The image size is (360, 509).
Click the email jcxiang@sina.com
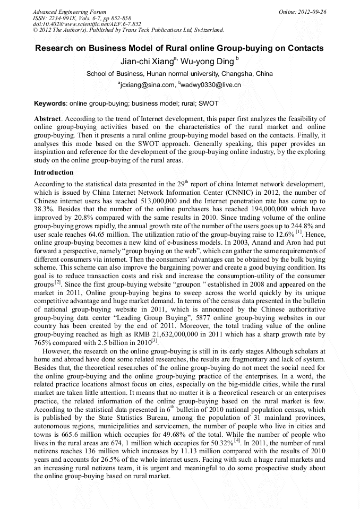147,85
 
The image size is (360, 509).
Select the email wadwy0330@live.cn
211,85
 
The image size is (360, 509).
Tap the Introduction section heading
54,172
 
